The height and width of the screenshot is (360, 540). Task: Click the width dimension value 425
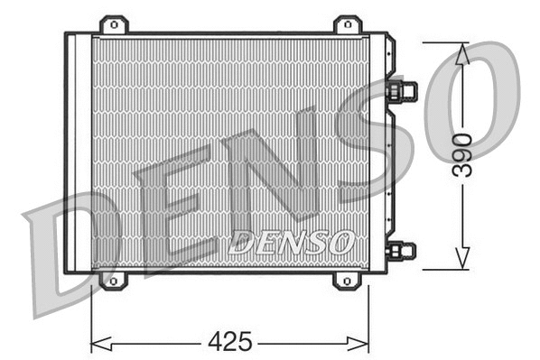point(230,342)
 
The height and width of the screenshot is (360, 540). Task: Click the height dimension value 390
point(461,156)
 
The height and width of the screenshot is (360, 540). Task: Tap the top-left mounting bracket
point(113,25)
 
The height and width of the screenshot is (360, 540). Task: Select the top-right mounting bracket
point(347,25)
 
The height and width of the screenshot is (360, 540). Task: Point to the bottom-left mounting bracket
point(113,280)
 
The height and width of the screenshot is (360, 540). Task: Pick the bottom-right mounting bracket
point(347,280)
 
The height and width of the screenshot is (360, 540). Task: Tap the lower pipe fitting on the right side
point(402,250)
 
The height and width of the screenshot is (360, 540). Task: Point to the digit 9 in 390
point(461,156)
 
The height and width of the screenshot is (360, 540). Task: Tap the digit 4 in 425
point(217,342)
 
